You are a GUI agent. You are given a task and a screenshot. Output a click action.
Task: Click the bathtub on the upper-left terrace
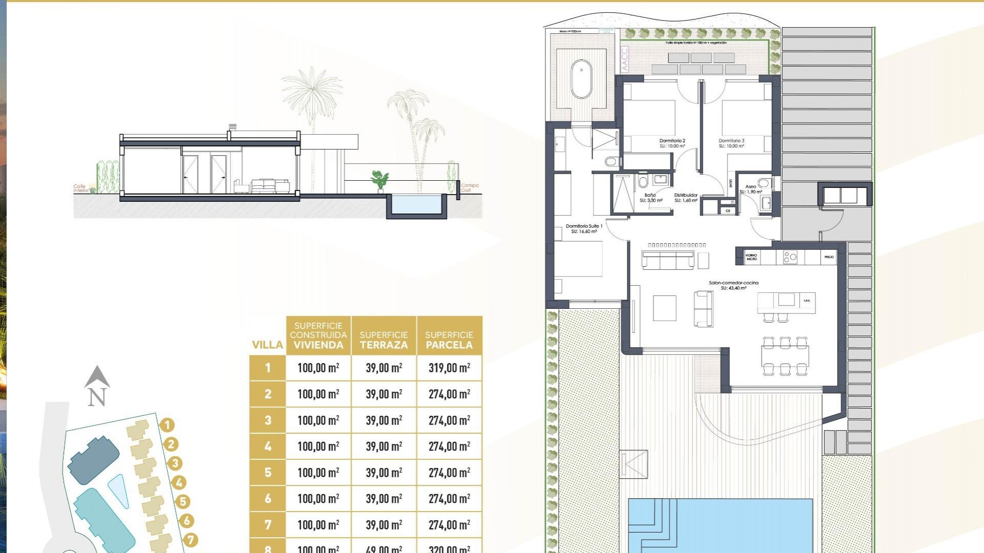coord(581,79)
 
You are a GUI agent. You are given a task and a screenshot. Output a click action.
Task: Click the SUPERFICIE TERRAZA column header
coord(384,340)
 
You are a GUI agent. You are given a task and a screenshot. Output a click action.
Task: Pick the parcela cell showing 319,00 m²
coord(449,368)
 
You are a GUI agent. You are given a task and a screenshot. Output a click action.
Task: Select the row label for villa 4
coord(268,446)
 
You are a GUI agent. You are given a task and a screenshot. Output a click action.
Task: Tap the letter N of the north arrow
coord(97,397)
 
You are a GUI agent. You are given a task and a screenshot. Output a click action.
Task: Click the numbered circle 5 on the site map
coord(182,502)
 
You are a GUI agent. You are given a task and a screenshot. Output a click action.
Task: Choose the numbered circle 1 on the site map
coord(167,425)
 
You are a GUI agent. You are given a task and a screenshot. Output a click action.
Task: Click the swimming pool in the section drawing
coord(416,204)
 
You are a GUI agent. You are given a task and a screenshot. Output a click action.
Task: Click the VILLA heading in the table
coord(268,345)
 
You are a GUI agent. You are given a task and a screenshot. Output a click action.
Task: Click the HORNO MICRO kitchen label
coord(751,257)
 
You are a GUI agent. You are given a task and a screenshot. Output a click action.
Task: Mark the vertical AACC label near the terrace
coord(624,59)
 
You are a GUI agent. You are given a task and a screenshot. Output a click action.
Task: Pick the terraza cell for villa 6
coord(384,499)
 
